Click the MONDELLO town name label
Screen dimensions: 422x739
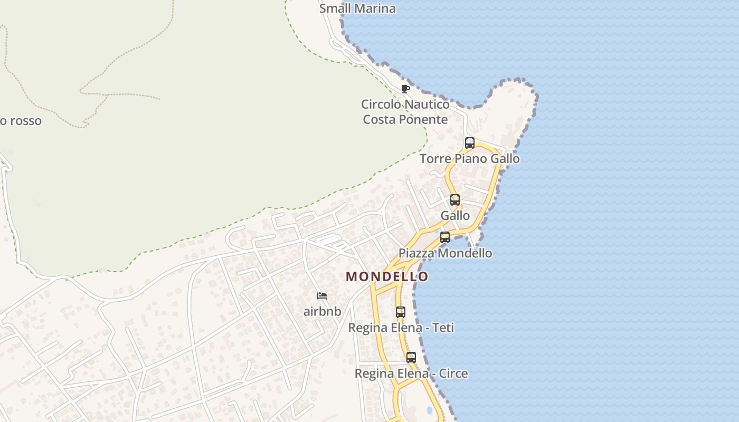387,276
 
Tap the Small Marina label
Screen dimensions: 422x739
357,8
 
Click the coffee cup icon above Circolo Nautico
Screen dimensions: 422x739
405,89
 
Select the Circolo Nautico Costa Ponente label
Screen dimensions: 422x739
405,112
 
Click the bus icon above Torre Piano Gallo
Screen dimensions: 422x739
469,142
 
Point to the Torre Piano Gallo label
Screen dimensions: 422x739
469,159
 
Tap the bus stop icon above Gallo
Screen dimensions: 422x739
454,200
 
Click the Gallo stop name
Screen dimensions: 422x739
455,216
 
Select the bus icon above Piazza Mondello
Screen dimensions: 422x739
445,237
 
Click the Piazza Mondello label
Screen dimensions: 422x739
445,253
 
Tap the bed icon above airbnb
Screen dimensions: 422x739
322,296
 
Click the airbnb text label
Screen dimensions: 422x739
322,312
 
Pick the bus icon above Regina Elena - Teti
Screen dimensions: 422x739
401,312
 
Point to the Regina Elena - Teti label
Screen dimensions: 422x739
401,328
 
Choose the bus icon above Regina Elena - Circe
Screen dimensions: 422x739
411,358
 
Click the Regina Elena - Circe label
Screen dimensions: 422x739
411,373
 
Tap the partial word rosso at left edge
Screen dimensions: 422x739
21,121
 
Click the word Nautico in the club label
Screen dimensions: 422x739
427,104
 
